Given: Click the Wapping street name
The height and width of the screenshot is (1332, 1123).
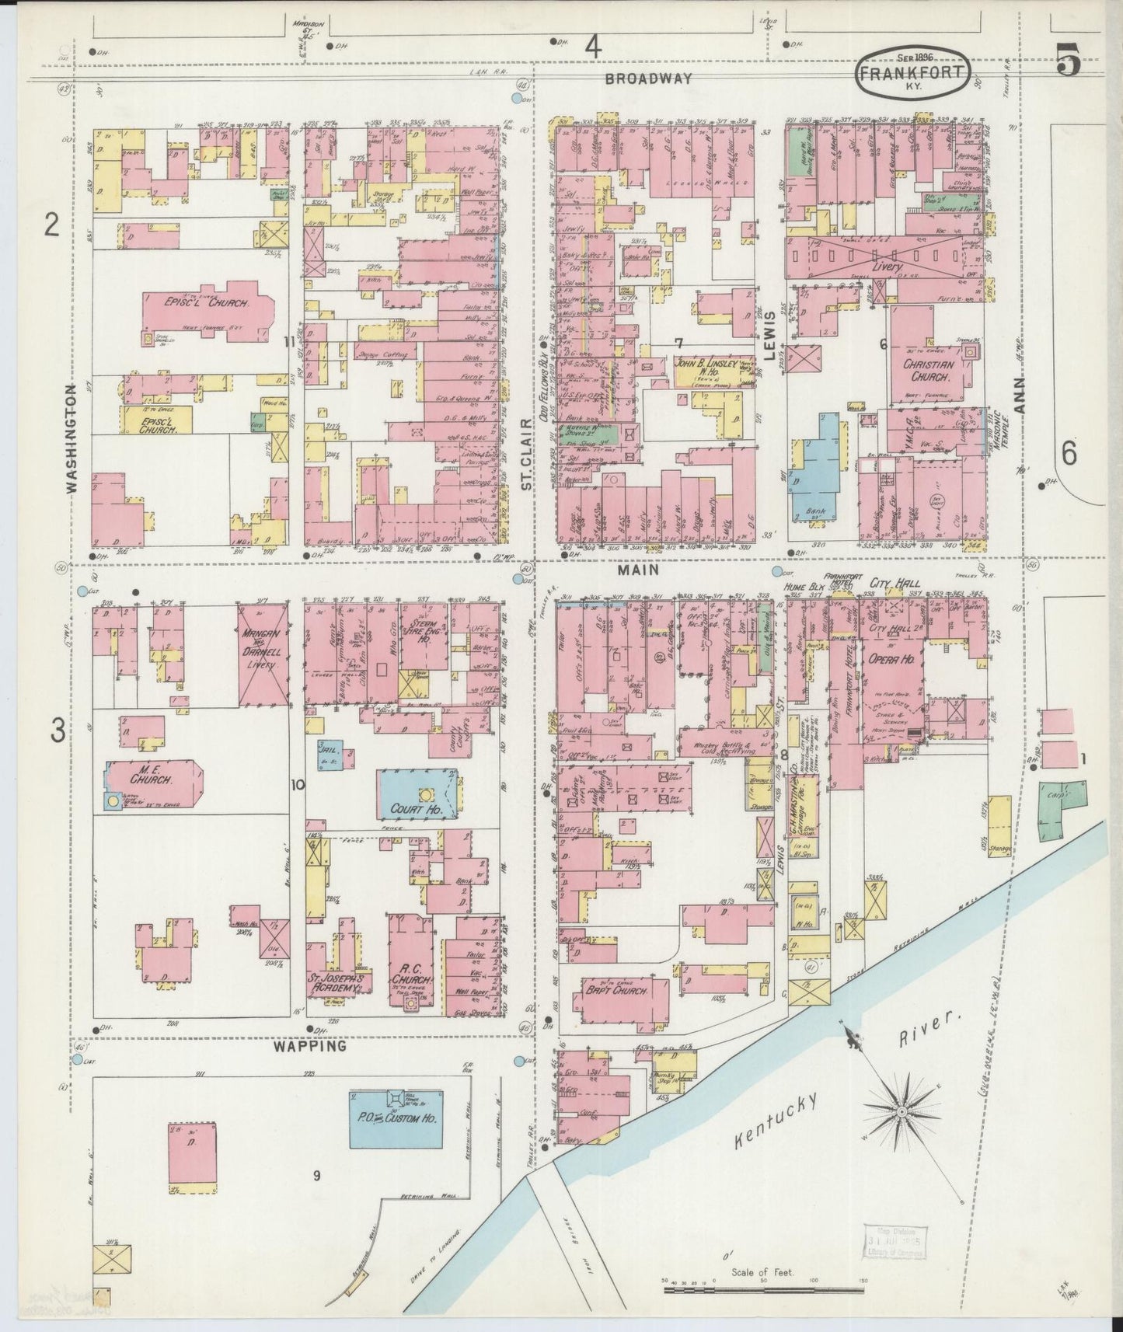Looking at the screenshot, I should click(309, 1046).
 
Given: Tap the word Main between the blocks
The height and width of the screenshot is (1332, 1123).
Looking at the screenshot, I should click(639, 570).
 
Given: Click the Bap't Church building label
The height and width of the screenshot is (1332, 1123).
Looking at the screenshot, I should click(614, 992).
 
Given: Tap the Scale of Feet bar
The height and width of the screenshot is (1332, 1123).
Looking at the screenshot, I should click(763, 1288).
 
